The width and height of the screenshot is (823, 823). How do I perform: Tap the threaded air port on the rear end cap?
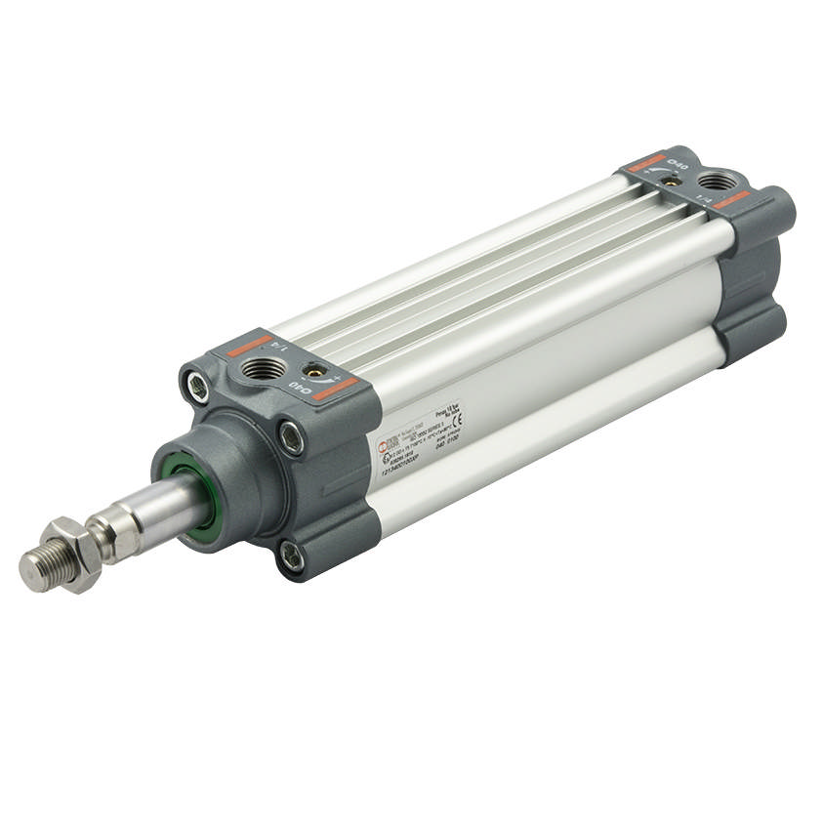click(x=720, y=181)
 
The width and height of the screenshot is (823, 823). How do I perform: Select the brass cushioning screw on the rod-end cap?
click(x=314, y=372)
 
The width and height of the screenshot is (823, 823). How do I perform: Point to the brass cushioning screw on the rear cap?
click(x=672, y=181)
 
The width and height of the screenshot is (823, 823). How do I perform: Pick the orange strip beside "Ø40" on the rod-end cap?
click(x=335, y=390)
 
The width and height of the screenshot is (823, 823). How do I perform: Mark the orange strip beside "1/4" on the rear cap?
click(x=731, y=201)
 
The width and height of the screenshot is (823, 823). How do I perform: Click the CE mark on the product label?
click(x=457, y=419)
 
